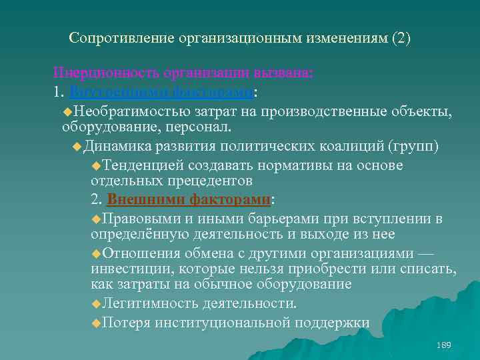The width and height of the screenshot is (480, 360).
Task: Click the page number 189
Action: pyautogui.click(x=443, y=345)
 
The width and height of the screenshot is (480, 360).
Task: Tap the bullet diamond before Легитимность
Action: pyautogui.click(x=96, y=304)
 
